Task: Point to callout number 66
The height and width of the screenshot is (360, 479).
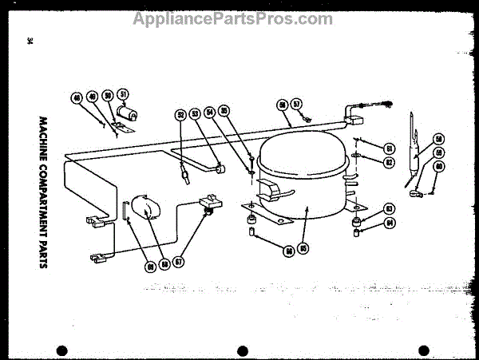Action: (x=288, y=251)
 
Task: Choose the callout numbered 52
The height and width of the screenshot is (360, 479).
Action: (x=180, y=115)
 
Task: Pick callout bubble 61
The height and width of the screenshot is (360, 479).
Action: (x=390, y=148)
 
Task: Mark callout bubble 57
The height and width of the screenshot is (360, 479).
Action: (x=295, y=104)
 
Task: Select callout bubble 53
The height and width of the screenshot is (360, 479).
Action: (x=196, y=115)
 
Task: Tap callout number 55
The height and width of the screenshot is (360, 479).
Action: (x=224, y=112)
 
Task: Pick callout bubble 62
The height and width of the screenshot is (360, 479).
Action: (x=390, y=162)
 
